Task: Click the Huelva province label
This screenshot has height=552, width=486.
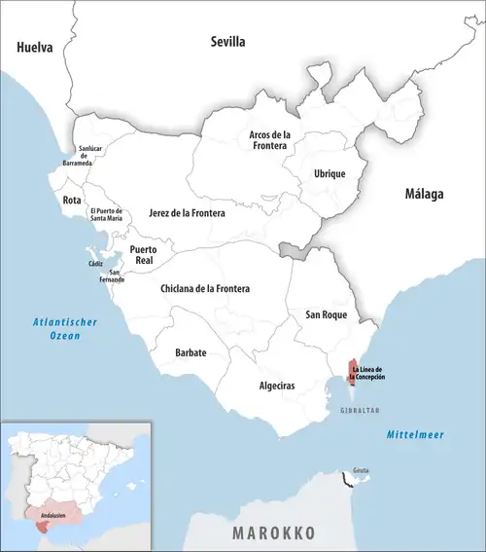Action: [x=35, y=47]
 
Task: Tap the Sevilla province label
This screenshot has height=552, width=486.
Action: [x=228, y=42]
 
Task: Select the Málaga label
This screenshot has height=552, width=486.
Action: [x=424, y=194]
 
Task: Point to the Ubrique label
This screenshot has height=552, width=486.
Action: [x=330, y=173]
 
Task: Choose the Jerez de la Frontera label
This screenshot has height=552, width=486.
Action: [x=187, y=212]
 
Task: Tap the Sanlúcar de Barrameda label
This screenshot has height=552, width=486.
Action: [x=89, y=157]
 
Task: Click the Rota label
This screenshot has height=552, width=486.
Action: [x=72, y=200]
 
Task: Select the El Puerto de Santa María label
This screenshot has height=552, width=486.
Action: [x=105, y=215]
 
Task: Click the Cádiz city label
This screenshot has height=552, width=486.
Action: [x=94, y=264]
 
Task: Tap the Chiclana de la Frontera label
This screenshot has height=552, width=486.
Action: [x=205, y=289]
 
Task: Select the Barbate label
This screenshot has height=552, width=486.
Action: [x=191, y=352]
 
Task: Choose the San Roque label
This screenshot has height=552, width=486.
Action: [x=327, y=314]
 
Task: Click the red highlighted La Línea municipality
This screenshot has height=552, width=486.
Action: [x=352, y=370]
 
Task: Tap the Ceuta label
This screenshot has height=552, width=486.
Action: [x=361, y=468]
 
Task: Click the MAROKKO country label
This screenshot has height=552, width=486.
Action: [x=275, y=534]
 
